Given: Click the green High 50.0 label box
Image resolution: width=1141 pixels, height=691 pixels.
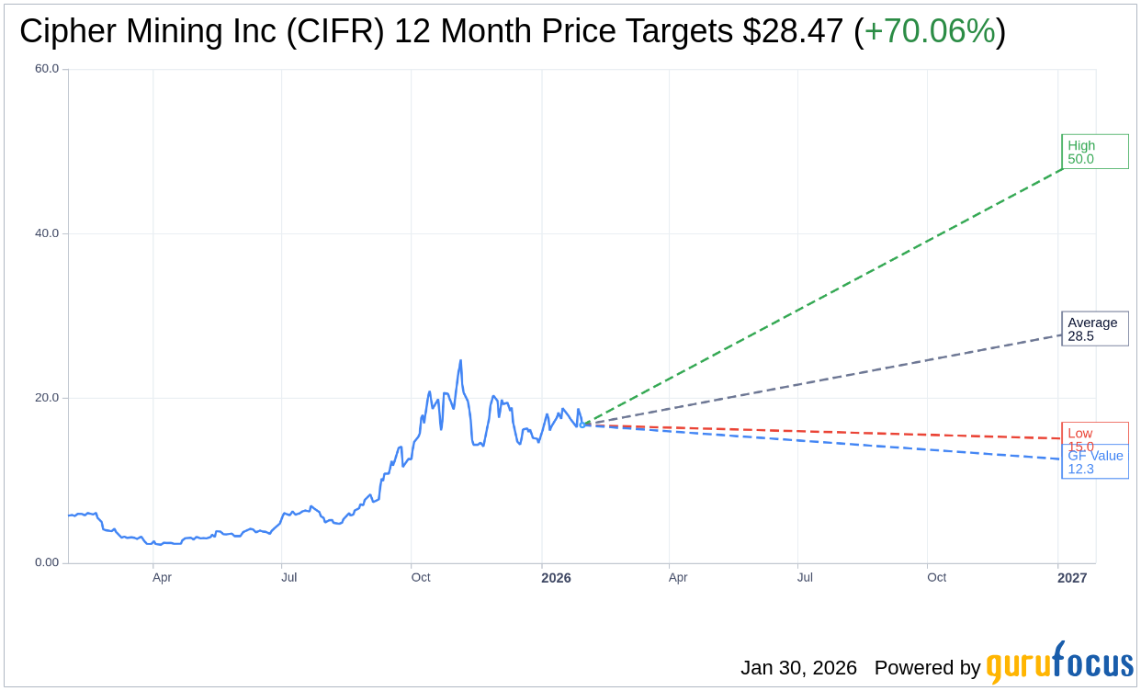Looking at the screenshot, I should point(1094,152).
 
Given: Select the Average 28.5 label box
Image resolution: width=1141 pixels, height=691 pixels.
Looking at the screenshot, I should point(1094,329).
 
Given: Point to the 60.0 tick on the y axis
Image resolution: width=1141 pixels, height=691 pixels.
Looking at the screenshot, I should point(47,69).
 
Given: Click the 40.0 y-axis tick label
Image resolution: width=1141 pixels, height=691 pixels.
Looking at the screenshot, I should point(47,233).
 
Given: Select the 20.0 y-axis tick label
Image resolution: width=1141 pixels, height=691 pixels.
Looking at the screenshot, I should point(47,398).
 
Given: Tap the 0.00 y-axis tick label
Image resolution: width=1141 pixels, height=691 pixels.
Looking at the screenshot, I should point(47,562).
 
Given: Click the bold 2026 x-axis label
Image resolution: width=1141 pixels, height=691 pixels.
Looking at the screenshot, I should point(556,578).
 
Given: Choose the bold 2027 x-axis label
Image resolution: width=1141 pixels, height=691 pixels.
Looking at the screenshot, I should point(1072,578).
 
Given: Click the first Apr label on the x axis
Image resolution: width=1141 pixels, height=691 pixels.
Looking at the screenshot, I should point(162,578).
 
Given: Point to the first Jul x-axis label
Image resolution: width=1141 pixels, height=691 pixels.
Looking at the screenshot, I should point(289,578).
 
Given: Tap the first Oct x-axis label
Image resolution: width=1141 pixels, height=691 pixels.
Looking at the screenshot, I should point(421,578).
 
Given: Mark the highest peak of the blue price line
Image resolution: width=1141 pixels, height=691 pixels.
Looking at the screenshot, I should point(460,361).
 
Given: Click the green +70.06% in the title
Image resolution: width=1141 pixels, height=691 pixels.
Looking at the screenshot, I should point(930,32).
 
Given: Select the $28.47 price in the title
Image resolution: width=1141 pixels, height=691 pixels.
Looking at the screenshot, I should point(793,32).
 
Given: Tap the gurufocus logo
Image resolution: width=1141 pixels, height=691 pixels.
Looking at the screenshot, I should point(1059,663).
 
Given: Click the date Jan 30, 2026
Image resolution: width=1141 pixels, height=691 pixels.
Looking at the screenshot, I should point(798,668).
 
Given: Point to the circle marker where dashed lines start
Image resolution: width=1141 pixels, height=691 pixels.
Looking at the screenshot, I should point(582,425).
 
